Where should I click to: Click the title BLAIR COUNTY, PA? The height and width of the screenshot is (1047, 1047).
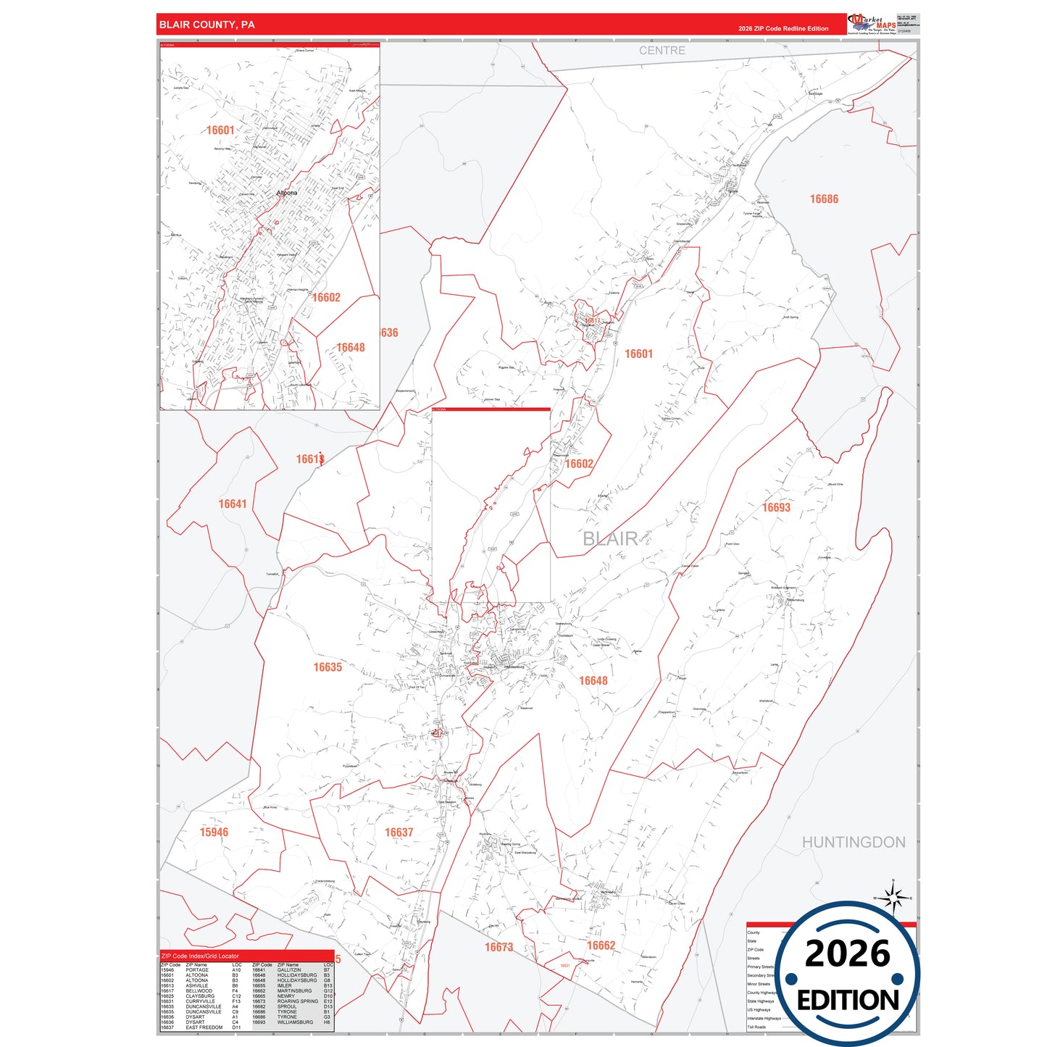pos(207,25)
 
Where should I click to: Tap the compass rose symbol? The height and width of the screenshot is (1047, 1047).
pos(893,898)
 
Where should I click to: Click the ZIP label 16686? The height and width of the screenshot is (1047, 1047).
pos(824,199)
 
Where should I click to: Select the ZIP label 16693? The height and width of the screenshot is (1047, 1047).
pos(776,507)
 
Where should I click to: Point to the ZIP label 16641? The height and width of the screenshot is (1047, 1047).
pos(233,504)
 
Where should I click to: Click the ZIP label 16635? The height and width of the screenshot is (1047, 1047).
pos(328,667)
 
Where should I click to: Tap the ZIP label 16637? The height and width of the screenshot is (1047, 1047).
pos(399,833)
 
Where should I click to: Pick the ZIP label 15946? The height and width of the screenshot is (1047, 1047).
pos(214,832)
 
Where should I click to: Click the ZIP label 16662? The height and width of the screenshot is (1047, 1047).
pos(601,945)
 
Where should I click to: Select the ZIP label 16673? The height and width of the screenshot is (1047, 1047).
pos(499,947)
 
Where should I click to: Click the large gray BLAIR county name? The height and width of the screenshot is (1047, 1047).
pos(610,538)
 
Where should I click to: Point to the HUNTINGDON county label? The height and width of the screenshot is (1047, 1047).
pos(853,842)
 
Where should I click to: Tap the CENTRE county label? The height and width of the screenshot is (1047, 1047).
pos(662,51)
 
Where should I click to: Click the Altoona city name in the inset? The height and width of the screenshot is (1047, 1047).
pos(287,193)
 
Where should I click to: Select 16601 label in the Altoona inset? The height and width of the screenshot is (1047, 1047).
pos(220,130)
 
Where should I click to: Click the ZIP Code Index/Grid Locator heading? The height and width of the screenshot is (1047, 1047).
pos(200,956)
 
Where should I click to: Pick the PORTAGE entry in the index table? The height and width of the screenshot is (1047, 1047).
pos(197,970)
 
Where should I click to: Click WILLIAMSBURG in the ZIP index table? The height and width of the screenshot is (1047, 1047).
pos(295,1022)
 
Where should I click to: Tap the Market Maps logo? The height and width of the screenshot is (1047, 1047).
pos(872,24)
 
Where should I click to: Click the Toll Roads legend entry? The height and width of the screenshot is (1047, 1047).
pos(756,1027)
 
